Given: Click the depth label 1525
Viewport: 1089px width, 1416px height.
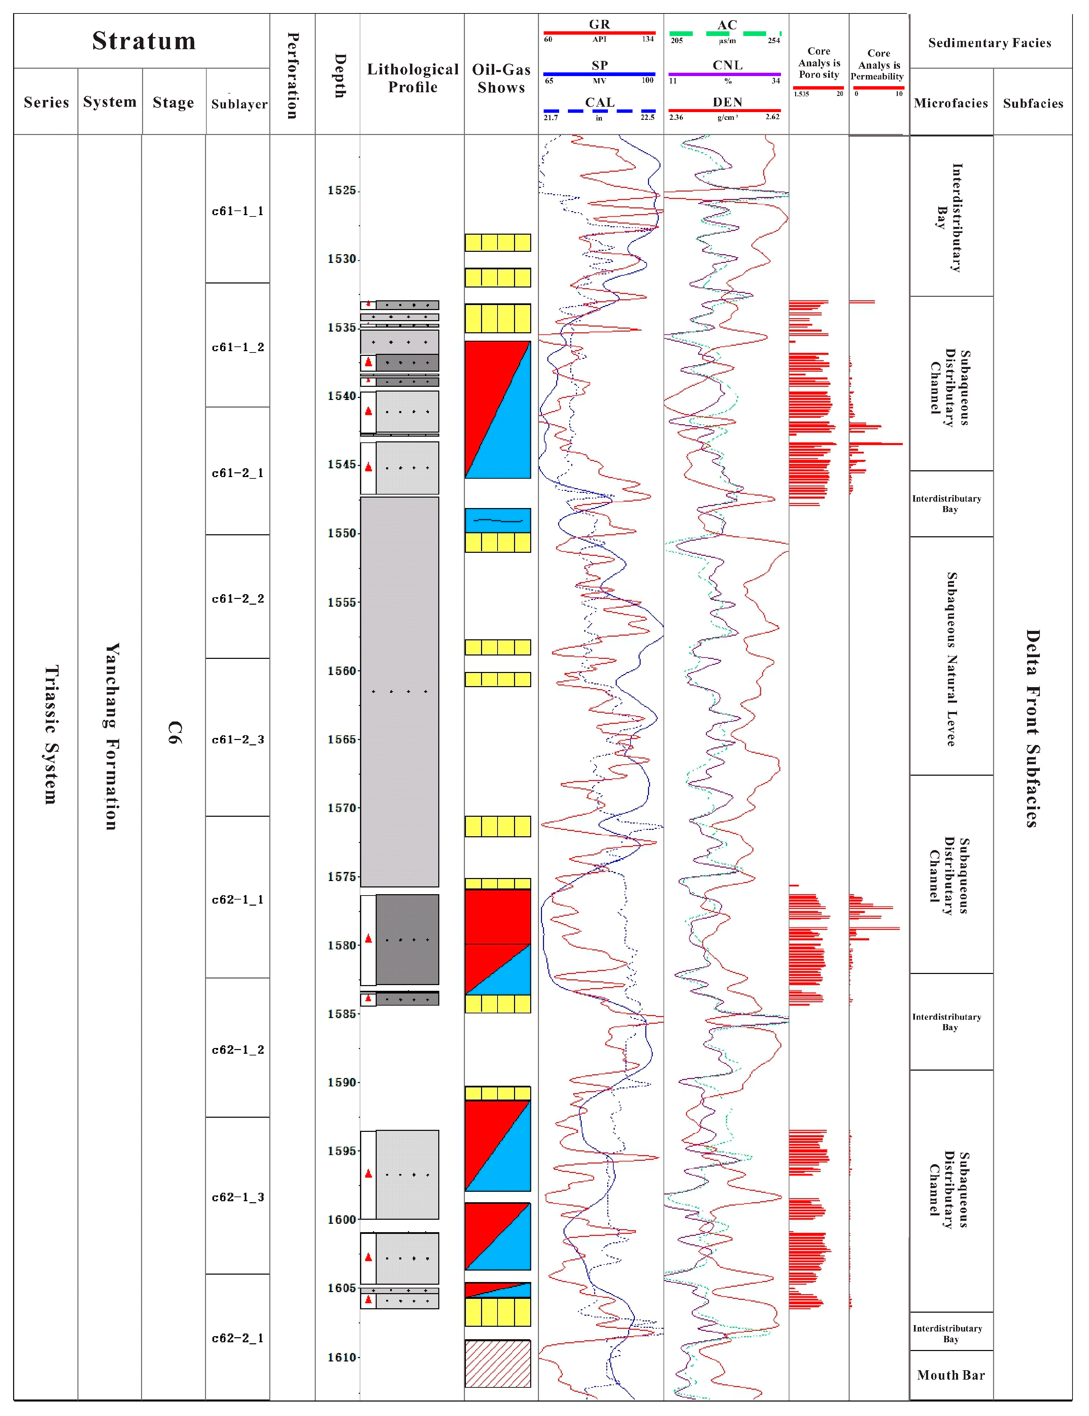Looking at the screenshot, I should tap(341, 191).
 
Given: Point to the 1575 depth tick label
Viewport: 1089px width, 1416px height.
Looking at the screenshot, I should tap(341, 877).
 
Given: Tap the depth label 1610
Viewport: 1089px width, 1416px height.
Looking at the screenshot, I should tap(341, 1358).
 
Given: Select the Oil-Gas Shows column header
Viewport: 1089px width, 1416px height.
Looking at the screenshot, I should tap(501, 78).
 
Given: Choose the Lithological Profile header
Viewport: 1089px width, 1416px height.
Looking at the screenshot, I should tap(412, 78).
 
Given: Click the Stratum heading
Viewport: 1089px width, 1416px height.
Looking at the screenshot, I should tap(144, 41).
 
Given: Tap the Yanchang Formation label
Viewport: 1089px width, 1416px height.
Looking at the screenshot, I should tap(111, 736).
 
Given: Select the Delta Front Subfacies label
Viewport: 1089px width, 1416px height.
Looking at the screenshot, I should tap(1032, 728).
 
